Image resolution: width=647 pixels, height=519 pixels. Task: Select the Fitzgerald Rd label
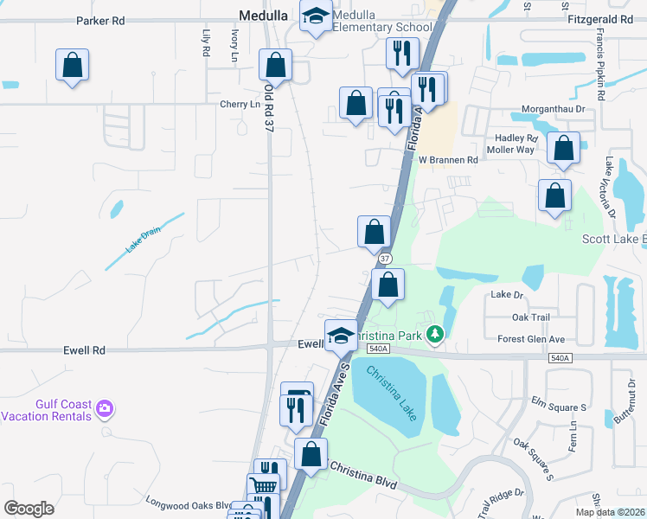pyautogui.click(x=602, y=18)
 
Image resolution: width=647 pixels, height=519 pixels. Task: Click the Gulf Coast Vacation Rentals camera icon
pyautogui.click(x=106, y=407)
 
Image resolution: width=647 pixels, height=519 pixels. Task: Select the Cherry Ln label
pyautogui.click(x=240, y=105)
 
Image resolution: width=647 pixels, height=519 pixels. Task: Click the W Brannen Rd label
pyautogui.click(x=448, y=160)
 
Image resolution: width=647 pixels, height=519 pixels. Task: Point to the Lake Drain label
pyautogui.click(x=144, y=240)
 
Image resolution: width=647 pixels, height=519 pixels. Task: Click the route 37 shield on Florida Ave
pyautogui.click(x=385, y=259)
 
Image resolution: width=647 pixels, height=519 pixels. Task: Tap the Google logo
pyautogui.click(x=29, y=508)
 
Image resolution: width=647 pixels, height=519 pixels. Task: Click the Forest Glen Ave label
pyautogui.click(x=532, y=339)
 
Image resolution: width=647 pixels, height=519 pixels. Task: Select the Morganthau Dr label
pyautogui.click(x=560, y=110)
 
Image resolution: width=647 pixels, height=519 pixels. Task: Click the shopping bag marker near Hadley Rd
pyautogui.click(x=563, y=150)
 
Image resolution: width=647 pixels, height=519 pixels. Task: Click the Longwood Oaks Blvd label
pyautogui.click(x=188, y=505)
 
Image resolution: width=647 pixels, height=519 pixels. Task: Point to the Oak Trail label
pyautogui.click(x=532, y=318)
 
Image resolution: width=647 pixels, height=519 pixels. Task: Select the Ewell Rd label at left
pyautogui.click(x=84, y=350)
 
